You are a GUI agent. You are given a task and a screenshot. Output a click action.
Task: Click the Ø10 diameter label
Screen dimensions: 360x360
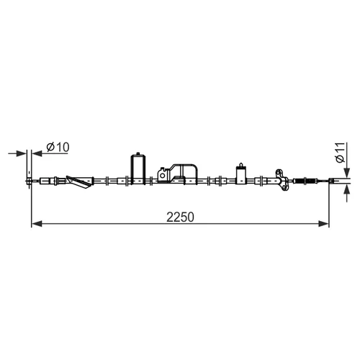pos(58,147)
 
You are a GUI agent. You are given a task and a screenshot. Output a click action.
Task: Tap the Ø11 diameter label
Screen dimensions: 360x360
pos(341,153)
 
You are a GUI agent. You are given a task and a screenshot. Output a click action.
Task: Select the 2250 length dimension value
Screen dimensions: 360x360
pos(180,217)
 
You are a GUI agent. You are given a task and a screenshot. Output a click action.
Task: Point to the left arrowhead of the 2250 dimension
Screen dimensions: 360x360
pos(37,224)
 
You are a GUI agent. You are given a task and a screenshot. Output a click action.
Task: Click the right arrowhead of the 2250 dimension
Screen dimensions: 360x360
pos(323,224)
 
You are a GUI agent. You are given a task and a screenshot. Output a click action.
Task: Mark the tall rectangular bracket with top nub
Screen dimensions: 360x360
pos(138,169)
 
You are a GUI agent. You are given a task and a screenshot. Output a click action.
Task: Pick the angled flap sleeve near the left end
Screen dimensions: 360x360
pos(80,182)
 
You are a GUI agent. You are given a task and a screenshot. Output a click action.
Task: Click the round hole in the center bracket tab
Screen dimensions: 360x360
pos(163,176)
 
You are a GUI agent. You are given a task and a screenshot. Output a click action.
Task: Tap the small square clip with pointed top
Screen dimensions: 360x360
pos(240,174)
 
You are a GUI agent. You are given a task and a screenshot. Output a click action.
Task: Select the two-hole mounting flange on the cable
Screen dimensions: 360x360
pos(282,180)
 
